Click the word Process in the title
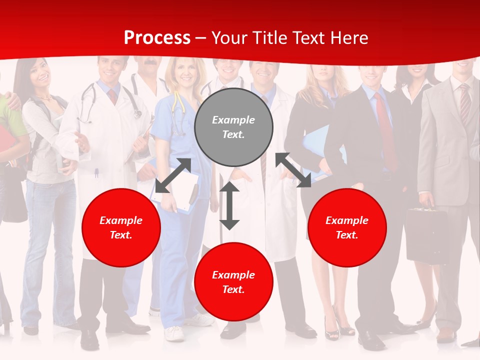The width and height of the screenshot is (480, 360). pyautogui.click(x=157, y=38)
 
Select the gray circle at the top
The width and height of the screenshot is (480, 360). pyautogui.click(x=233, y=127)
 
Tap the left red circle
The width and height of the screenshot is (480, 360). pyautogui.click(x=121, y=227)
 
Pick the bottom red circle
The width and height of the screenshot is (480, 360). pyautogui.click(x=233, y=282)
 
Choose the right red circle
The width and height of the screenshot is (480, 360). pyautogui.click(x=347, y=227)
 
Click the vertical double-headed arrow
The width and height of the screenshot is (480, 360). pyautogui.click(x=229, y=205)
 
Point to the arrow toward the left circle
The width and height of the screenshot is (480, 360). pyautogui.click(x=173, y=175)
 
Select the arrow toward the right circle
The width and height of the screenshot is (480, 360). pyautogui.click(x=293, y=170)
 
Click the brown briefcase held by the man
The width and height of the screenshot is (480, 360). pyautogui.click(x=426, y=235)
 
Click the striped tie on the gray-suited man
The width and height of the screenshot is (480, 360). pyautogui.click(x=464, y=104)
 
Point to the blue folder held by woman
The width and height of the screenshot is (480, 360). pyautogui.click(x=315, y=150)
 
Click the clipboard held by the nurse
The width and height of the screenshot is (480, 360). pyautogui.click(x=182, y=190)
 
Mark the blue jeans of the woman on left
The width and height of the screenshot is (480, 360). pyautogui.click(x=45, y=250)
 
